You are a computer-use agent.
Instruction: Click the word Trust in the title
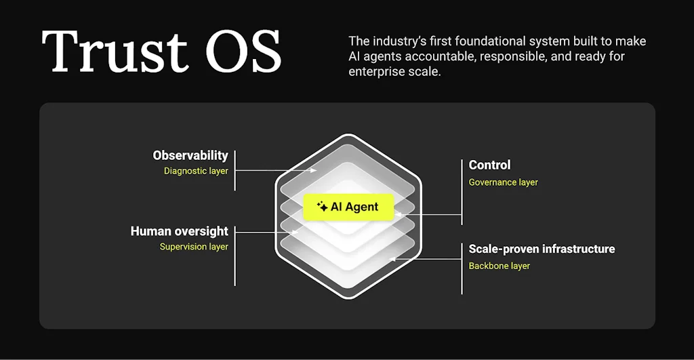coord(114,52)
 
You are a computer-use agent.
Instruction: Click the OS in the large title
coord(243,52)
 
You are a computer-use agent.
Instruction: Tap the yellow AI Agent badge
coord(348,207)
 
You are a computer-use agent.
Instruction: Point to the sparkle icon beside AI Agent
coord(322,206)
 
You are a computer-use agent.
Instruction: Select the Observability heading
coord(190,155)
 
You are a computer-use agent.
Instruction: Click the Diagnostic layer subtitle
coord(196,171)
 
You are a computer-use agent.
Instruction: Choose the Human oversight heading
coord(179,231)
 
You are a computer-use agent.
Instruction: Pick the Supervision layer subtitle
coord(194,247)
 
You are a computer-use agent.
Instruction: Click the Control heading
coord(489,165)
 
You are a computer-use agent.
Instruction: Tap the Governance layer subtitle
coord(504,182)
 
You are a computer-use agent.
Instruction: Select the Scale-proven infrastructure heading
coord(542,249)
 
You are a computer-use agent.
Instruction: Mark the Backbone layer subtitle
coord(499,266)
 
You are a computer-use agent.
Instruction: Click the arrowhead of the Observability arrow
coord(314,170)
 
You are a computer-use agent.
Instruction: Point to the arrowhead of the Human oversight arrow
coord(295,232)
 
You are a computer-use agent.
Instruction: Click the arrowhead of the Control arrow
coord(397,215)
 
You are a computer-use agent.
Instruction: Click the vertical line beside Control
coord(462,192)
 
